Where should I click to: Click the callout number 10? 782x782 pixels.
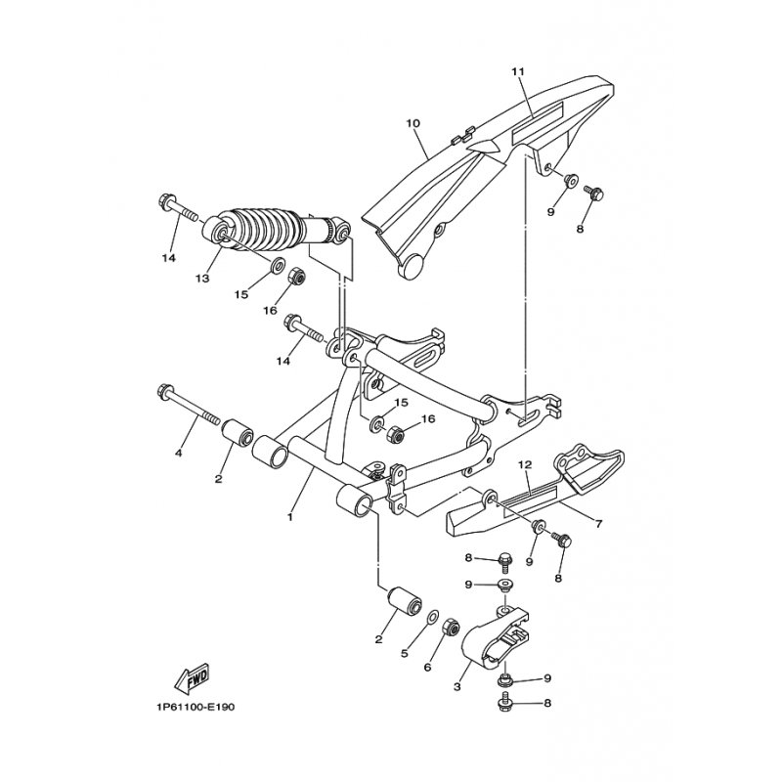pyautogui.click(x=413, y=124)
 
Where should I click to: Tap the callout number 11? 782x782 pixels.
pyautogui.click(x=518, y=72)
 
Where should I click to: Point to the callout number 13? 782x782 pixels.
pyautogui.click(x=202, y=279)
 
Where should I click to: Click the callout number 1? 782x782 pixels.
pyautogui.click(x=289, y=516)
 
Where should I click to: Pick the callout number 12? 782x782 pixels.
pyautogui.click(x=525, y=464)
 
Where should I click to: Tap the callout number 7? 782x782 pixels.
pyautogui.click(x=598, y=523)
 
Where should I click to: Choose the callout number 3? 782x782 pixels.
pyautogui.click(x=456, y=688)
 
